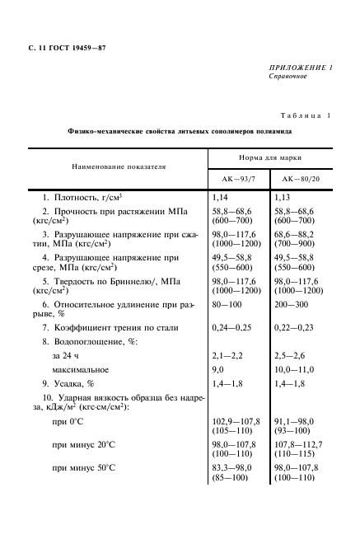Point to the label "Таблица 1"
click(306, 116)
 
